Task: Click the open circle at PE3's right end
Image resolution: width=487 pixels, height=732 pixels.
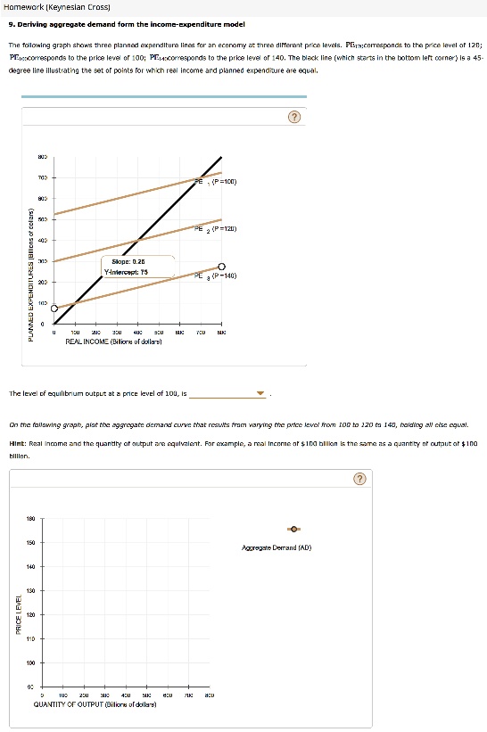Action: [221, 266]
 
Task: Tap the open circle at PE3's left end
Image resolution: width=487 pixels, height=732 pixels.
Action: [54, 308]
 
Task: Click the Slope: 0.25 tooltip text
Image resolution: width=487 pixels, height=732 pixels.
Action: [128, 262]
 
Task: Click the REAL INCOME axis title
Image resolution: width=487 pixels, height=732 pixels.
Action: [114, 341]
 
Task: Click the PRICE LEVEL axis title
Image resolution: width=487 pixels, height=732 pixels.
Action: [20, 615]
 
